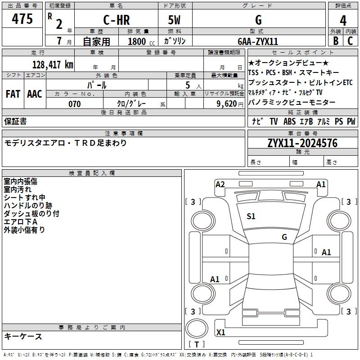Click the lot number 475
(x=22, y=19)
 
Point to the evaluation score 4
(x=343, y=20)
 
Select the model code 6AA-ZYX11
(x=258, y=41)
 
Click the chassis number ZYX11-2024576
(x=302, y=144)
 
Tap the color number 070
(x=74, y=104)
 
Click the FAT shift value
(x=13, y=94)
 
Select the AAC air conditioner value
(x=35, y=94)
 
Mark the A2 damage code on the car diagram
(x=220, y=184)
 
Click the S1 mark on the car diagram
(x=251, y=216)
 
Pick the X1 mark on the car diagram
(x=221, y=333)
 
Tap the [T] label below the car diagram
(x=197, y=345)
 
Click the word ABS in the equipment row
(x=289, y=121)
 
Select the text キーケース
(x=23, y=336)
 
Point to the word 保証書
(x=15, y=121)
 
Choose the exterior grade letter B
(x=335, y=41)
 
